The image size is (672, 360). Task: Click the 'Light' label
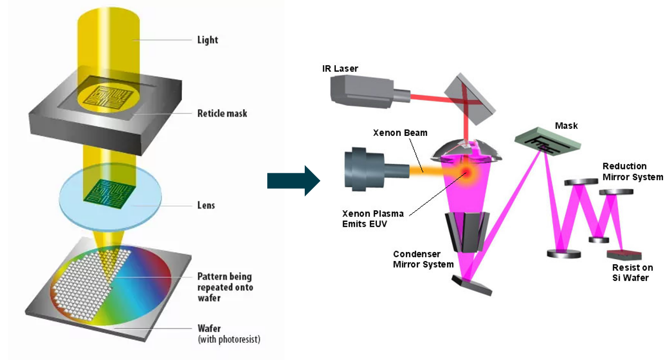[x=207, y=40]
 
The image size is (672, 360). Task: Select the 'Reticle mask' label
[x=222, y=113]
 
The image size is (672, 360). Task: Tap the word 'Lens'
[x=206, y=205]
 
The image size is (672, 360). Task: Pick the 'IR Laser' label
[x=340, y=68]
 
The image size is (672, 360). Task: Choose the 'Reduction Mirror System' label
[x=632, y=172]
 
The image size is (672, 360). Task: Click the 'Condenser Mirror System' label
[x=423, y=259]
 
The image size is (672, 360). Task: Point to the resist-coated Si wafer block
[x=624, y=255]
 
